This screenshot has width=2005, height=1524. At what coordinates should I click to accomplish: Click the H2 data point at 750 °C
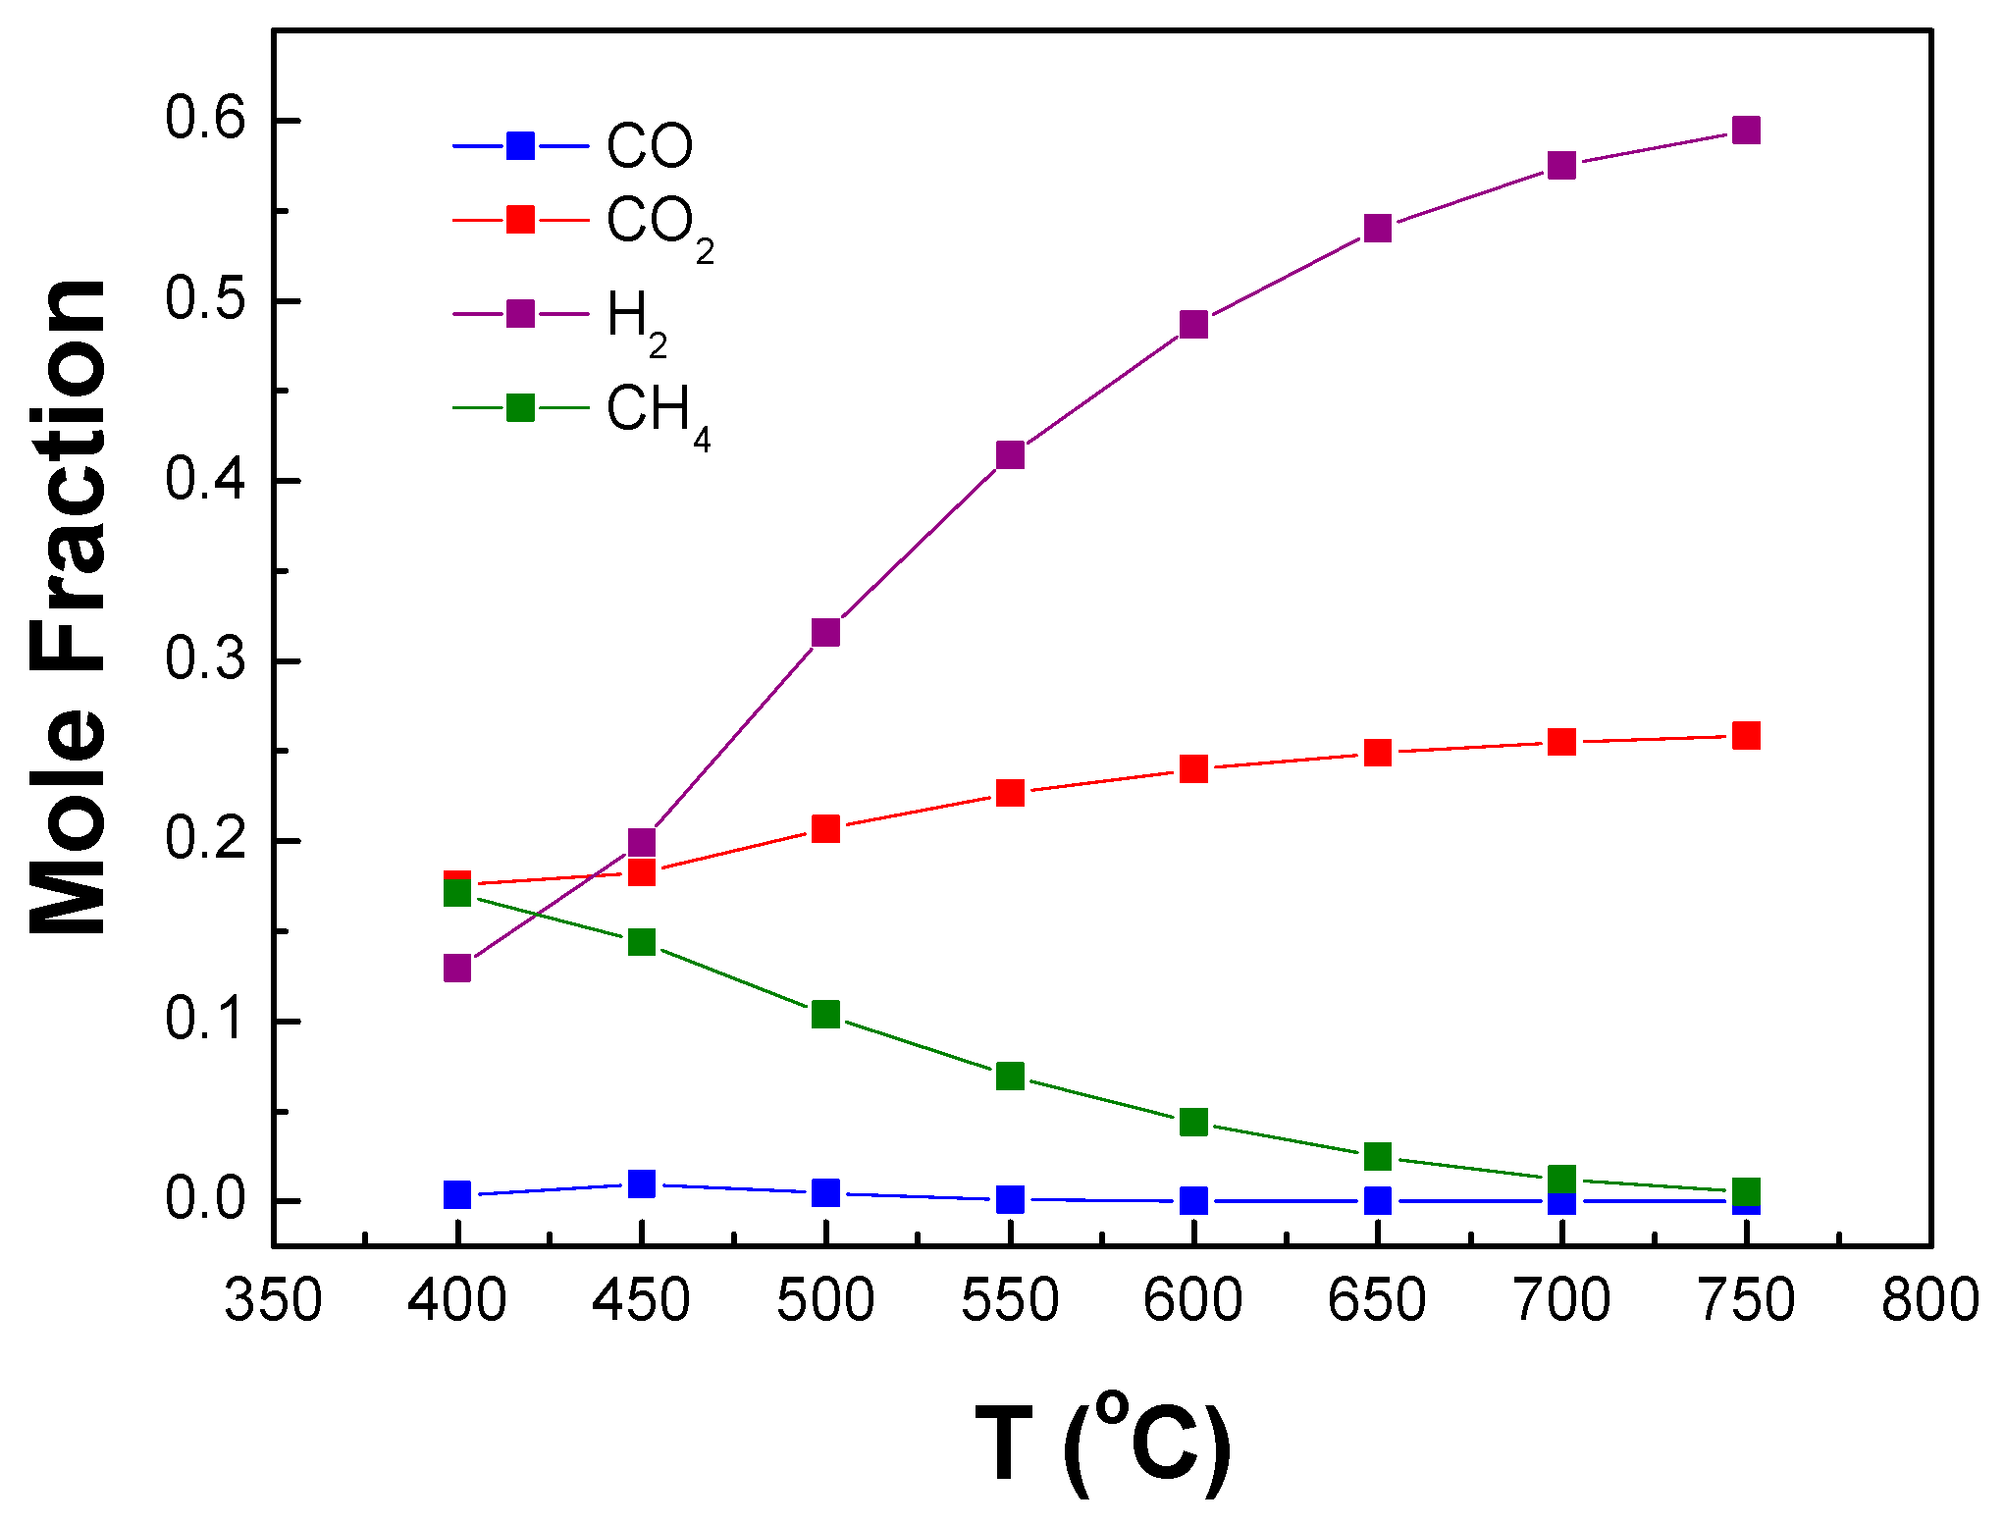[1746, 130]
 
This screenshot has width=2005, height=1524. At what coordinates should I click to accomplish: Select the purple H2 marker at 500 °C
[825, 632]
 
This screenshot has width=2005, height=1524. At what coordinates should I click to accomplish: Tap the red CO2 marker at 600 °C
[1193, 767]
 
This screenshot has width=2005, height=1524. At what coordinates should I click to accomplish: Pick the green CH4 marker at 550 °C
[1010, 1076]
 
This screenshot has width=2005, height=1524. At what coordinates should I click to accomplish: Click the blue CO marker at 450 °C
[642, 1183]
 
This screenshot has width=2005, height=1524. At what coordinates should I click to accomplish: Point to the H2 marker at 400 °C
[457, 968]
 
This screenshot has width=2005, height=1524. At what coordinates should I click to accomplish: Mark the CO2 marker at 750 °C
[1746, 735]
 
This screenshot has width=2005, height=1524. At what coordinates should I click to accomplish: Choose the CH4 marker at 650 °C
[1378, 1156]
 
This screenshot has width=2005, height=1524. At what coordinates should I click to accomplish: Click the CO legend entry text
[649, 146]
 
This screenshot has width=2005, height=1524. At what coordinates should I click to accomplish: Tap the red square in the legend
[520, 220]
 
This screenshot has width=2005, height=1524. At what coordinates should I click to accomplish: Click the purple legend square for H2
[520, 314]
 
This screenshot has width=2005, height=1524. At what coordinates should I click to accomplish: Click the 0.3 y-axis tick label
[204, 659]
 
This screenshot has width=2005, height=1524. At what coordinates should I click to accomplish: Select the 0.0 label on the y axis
[204, 1199]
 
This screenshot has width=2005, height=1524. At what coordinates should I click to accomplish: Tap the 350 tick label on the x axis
[273, 1301]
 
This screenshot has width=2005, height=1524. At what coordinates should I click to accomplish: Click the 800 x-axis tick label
[1929, 1301]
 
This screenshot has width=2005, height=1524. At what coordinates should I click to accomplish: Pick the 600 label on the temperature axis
[1193, 1301]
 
